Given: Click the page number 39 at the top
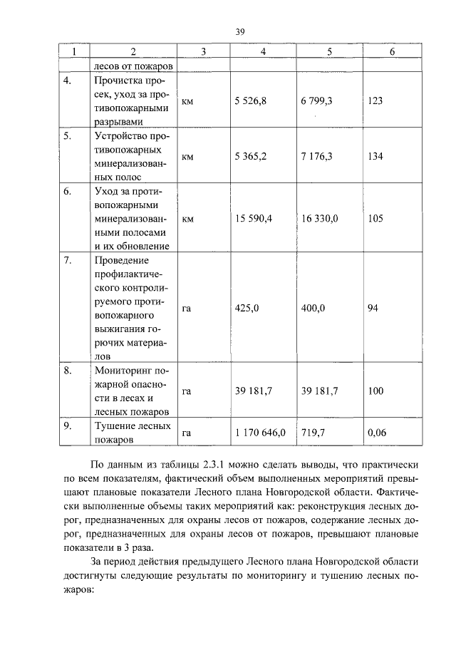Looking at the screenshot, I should pos(240,32).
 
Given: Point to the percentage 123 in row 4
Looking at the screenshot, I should pos(375,101).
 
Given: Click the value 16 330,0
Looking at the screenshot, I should pos(319,220).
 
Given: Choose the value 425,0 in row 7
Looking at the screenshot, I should pos(247,308).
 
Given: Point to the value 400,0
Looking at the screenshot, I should pos(313,308).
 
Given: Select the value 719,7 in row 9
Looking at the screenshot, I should pos(313,433).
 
